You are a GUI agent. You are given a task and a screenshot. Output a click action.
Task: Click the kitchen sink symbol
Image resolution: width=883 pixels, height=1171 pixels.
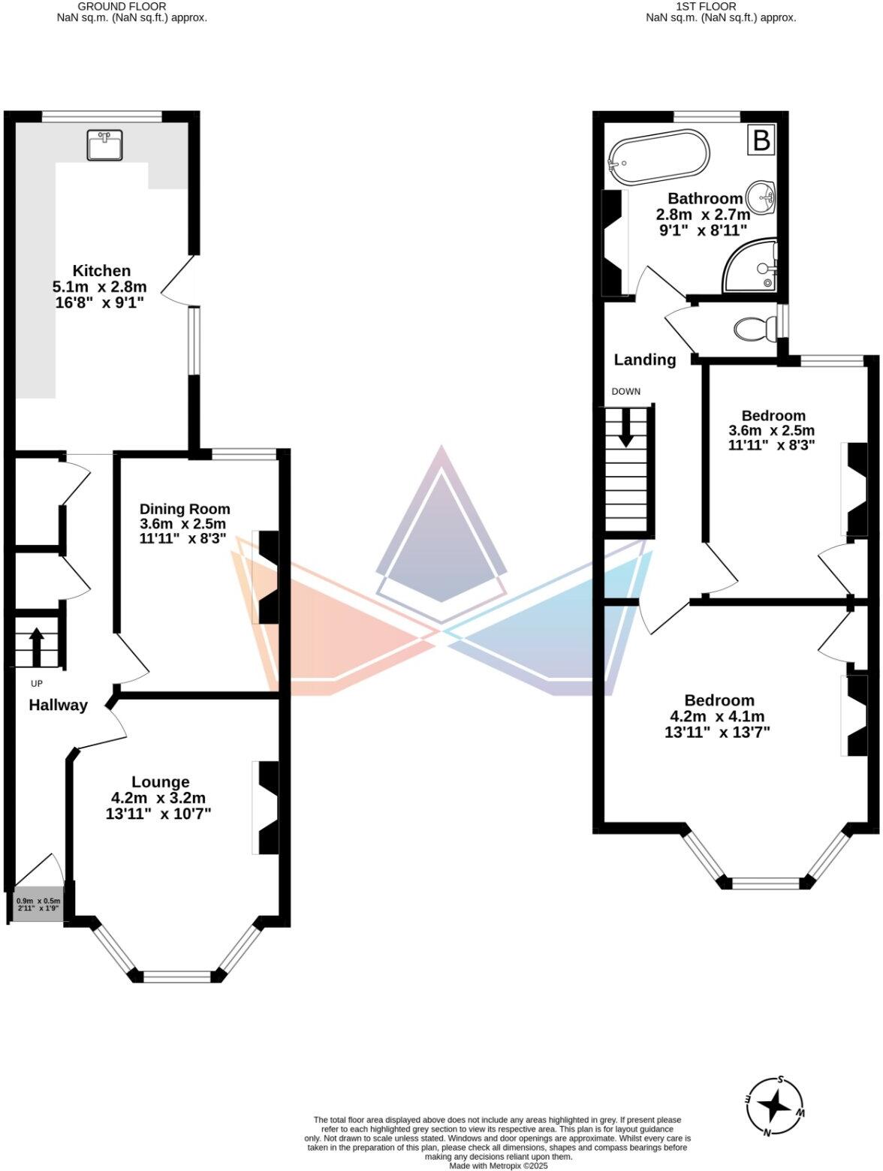pyautogui.click(x=105, y=145)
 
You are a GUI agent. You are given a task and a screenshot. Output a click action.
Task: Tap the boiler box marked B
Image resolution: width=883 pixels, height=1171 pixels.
pyautogui.click(x=761, y=140)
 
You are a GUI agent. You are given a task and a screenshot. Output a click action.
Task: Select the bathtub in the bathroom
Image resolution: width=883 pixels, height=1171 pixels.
pyautogui.click(x=658, y=158)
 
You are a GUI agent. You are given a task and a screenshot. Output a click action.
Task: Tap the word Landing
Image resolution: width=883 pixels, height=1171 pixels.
pyautogui.click(x=644, y=360)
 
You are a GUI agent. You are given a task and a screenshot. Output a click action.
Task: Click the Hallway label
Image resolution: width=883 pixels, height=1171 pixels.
pyautogui.click(x=58, y=705)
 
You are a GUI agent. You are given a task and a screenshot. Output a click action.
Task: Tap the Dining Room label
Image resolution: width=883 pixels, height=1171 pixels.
pyautogui.click(x=185, y=509)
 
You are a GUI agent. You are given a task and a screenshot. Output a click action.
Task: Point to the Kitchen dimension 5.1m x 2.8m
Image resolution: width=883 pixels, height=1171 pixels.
pyautogui.click(x=99, y=287)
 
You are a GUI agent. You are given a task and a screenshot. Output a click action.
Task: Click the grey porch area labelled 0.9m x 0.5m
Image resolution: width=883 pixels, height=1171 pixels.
pyautogui.click(x=38, y=905)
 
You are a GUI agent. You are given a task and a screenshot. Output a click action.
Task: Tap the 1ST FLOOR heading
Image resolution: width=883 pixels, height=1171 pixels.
pyautogui.click(x=706, y=6)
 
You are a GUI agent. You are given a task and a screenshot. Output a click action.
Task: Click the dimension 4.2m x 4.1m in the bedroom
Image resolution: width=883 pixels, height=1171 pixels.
pyautogui.click(x=718, y=717)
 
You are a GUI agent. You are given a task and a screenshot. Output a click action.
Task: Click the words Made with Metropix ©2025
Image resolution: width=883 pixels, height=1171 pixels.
pyautogui.click(x=499, y=1166)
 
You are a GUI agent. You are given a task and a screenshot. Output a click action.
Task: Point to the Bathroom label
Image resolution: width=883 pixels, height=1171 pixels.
pyautogui.click(x=704, y=199)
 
